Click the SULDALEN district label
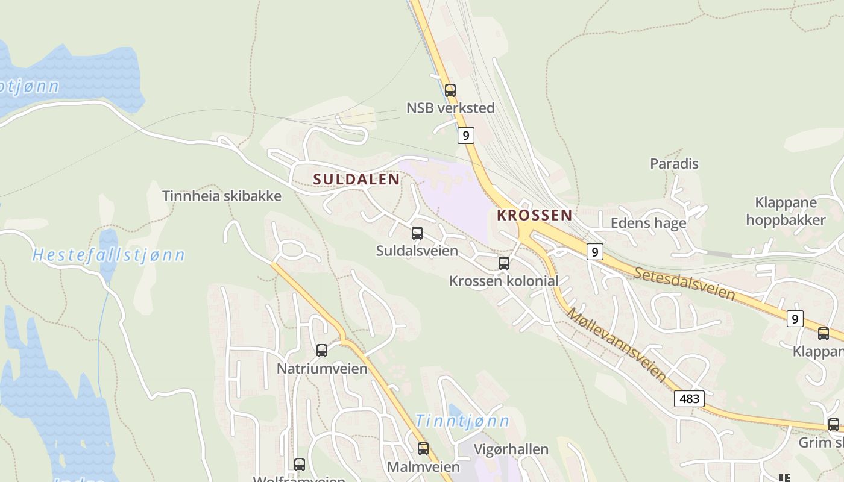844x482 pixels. pyautogui.click(x=356, y=179)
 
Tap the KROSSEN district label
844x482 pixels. pyautogui.click(x=534, y=215)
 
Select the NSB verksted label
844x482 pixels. pyautogui.click(x=450, y=108)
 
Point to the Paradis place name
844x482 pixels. pyautogui.click(x=674, y=163)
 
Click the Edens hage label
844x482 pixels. pyautogui.click(x=648, y=223)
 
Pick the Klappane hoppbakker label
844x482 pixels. pyautogui.click(x=786, y=211)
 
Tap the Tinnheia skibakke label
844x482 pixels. pyautogui.click(x=222, y=196)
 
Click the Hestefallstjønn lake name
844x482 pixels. pyautogui.click(x=109, y=255)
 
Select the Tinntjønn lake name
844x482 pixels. pyautogui.click(x=462, y=421)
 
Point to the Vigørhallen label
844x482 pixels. pyautogui.click(x=511, y=449)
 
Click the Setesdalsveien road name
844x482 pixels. pyautogui.click(x=685, y=284)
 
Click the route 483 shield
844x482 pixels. pyautogui.click(x=689, y=399)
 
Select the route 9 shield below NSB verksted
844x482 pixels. pyautogui.click(x=465, y=136)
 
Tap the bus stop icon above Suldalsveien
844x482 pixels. pyautogui.click(x=417, y=233)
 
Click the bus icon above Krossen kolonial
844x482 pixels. pyautogui.click(x=504, y=263)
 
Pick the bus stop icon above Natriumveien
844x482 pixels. pyautogui.click(x=322, y=351)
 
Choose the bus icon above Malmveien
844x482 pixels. pyautogui.click(x=423, y=449)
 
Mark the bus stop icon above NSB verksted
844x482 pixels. pyautogui.click(x=450, y=90)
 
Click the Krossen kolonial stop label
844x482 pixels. pyautogui.click(x=503, y=281)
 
